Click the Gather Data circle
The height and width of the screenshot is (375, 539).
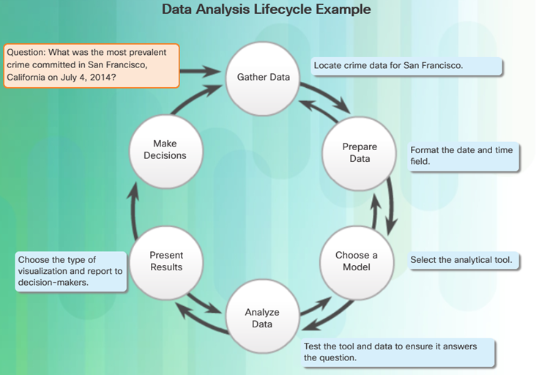click(263, 78)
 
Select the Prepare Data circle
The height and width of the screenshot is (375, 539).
click(360, 153)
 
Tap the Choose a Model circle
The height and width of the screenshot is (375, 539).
click(357, 263)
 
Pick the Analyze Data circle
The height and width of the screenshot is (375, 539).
click(262, 316)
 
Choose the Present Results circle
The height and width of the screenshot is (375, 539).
click(166, 263)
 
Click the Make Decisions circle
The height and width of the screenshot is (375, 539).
click(166, 151)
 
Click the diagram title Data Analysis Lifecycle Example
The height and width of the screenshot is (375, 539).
click(267, 10)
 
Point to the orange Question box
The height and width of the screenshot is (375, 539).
click(92, 65)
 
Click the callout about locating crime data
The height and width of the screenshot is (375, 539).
click(406, 66)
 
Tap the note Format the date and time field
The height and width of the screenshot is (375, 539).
click(464, 157)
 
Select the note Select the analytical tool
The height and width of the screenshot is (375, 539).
click(464, 261)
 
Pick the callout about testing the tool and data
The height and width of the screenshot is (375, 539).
click(398, 352)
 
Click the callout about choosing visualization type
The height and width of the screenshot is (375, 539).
click(71, 272)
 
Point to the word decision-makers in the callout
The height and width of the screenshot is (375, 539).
click(53, 283)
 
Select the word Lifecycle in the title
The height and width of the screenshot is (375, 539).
click(283, 10)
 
